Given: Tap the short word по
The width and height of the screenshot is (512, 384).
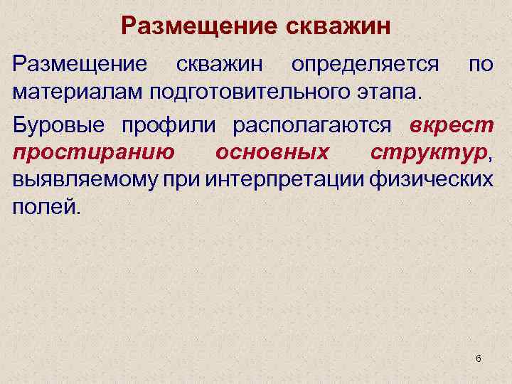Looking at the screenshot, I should (x=481, y=65).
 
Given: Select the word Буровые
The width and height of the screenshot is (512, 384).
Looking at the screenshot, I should (x=59, y=124).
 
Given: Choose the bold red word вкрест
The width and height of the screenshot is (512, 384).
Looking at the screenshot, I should (x=452, y=124).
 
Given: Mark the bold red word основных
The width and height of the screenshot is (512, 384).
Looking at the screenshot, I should (x=272, y=152).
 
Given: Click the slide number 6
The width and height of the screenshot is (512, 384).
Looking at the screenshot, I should (x=478, y=358).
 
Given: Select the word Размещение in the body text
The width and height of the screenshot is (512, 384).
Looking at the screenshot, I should (x=80, y=65).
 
